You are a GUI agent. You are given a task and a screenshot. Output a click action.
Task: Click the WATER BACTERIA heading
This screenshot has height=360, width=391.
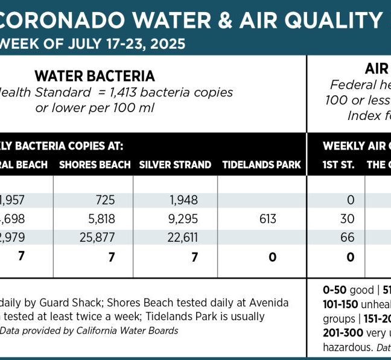tap(95, 76)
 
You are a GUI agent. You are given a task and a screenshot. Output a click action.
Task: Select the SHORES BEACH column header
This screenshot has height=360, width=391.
tap(95, 165)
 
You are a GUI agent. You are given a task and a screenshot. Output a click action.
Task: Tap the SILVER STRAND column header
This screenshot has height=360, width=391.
tap(175, 165)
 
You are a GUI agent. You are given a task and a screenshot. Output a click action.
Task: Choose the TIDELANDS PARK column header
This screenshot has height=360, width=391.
tap(261, 165)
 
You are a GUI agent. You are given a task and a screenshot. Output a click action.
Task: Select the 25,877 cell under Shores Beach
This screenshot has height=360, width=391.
tap(97, 238)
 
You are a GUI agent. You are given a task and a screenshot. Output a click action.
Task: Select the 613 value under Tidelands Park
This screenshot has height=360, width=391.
tap(267, 219)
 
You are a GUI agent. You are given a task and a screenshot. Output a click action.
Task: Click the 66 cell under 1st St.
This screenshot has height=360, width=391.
tap(348, 238)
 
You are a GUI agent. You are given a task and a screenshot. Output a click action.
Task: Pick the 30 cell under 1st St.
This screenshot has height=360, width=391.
tap(348, 219)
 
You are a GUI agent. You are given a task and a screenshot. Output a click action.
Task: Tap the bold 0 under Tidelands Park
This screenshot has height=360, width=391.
tap(272, 257)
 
